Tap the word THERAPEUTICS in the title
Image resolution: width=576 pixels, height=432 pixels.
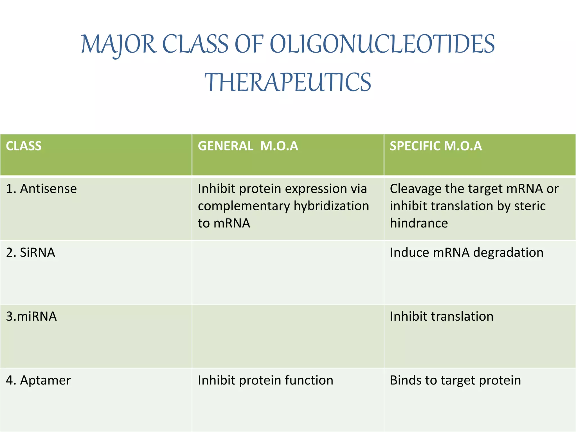[x=287, y=82]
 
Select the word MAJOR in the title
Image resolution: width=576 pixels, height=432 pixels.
[x=118, y=44]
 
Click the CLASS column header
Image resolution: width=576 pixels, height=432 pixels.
[x=24, y=146]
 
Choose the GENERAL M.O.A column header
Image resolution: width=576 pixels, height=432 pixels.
[x=248, y=146]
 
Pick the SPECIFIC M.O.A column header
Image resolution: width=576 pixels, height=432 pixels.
[x=436, y=146]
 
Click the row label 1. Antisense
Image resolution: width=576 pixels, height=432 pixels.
[x=41, y=188]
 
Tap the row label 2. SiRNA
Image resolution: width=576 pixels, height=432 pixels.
[x=30, y=252]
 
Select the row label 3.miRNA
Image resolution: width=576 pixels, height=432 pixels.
[x=31, y=316]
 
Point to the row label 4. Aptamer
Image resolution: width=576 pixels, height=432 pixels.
[x=38, y=380]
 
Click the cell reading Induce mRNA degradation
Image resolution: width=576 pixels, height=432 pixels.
[x=467, y=252]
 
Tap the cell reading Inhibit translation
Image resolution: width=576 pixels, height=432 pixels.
[x=442, y=316]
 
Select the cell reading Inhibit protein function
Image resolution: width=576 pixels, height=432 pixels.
[x=265, y=380]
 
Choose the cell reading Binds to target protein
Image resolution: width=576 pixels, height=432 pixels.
[x=455, y=380]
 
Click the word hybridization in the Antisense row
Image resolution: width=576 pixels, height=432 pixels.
[x=331, y=206]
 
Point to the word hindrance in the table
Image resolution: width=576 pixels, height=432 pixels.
[x=419, y=223]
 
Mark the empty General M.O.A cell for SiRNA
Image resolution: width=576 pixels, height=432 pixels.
[x=287, y=272]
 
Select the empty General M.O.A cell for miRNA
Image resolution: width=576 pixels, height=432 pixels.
[x=287, y=336]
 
